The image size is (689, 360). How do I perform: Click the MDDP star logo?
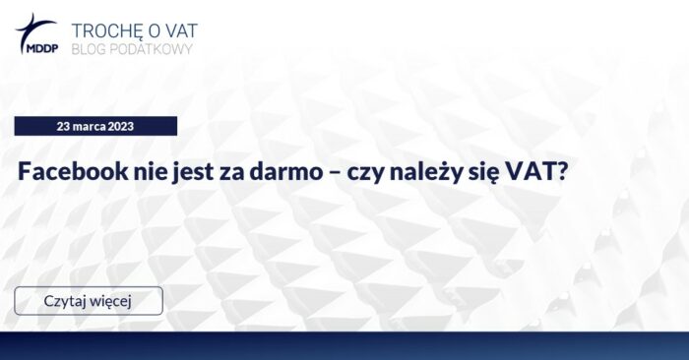coord(36,33)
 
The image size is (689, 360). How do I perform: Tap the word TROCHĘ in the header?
coord(107,31)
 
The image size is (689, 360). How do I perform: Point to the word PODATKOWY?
coord(151,49)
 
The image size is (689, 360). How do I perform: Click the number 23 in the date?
coord(63,127)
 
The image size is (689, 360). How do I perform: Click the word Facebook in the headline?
coord(73,171)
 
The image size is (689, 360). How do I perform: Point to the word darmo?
coord(286,171)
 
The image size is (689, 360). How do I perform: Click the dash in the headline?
coord(335,172)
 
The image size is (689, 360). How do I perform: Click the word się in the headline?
coord(484,172)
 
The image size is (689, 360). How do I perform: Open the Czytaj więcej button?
coord(89,301)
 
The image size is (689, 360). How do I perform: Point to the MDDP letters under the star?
coord(42,49)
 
